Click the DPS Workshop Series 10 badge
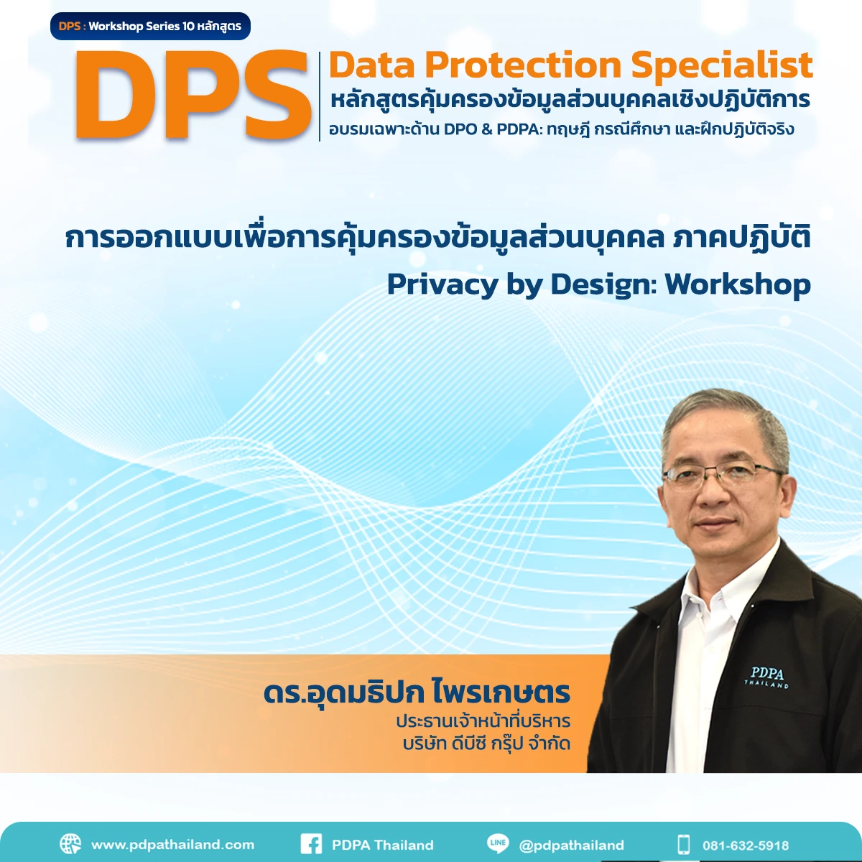point(150,27)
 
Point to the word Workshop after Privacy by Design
point(738,284)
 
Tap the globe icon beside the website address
point(70,844)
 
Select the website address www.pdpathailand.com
point(172,845)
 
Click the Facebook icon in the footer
point(311,844)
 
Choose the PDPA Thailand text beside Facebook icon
point(382,845)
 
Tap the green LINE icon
point(497,843)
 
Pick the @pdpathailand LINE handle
point(571,845)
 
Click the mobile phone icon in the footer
point(683,844)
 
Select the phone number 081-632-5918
point(746,845)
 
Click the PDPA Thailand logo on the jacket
point(766,677)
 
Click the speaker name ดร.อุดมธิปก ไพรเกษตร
point(417,693)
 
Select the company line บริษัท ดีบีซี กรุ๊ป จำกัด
point(486,743)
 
